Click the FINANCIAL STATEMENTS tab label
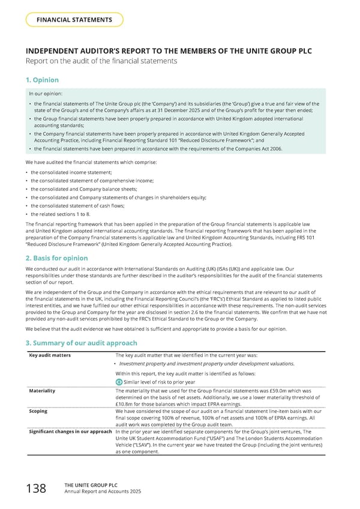coord(75,20)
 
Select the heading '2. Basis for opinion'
coord(57,258)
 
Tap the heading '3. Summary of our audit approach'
coord(80,342)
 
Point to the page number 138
coord(35,489)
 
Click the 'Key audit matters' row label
coord(50,355)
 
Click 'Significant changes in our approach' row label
coord(71,432)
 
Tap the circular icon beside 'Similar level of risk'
coord(118,382)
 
